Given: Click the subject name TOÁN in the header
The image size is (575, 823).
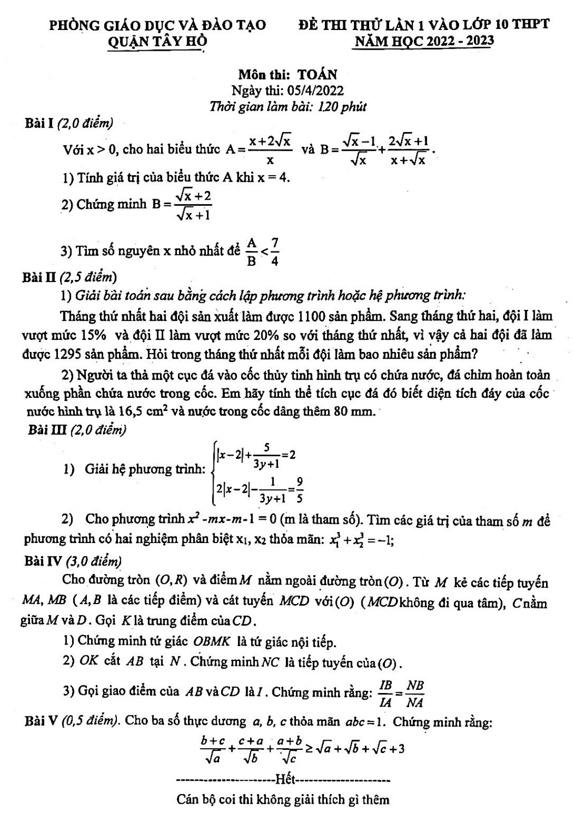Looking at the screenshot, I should click(x=317, y=75).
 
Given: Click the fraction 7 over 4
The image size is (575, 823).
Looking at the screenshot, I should click(x=275, y=252).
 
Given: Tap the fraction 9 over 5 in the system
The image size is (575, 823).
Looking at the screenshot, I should click(x=299, y=489).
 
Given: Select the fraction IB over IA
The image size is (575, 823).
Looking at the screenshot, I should click(x=386, y=694).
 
